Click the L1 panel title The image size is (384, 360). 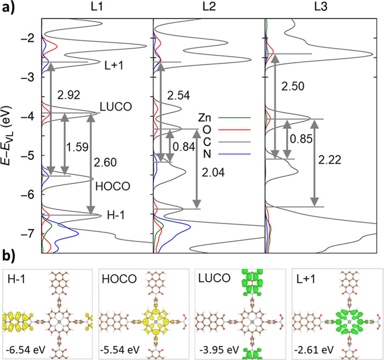point(97,7)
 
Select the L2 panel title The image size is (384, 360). point(209,7)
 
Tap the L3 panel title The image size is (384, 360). point(321,7)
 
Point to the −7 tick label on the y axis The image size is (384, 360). point(29,234)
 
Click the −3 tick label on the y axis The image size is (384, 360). point(29,77)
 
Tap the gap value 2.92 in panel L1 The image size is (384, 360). point(69,95)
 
